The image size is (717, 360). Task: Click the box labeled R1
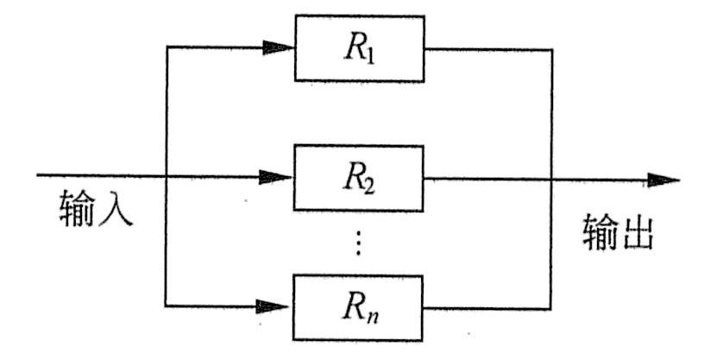point(360,48)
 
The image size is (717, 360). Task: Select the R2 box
point(360,179)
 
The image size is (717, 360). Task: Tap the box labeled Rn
point(360,304)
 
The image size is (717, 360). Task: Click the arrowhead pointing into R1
point(279,48)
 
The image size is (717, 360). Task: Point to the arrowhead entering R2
point(279,177)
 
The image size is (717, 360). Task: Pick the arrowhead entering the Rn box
point(279,304)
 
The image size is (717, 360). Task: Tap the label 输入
point(97,209)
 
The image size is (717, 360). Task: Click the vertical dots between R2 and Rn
point(359,243)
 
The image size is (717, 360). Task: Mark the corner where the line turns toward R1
point(165,48)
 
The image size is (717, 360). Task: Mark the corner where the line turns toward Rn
point(165,304)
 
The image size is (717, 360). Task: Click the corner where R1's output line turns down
point(551,49)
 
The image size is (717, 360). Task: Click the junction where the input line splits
point(165,177)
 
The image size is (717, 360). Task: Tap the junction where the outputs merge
point(551,180)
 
